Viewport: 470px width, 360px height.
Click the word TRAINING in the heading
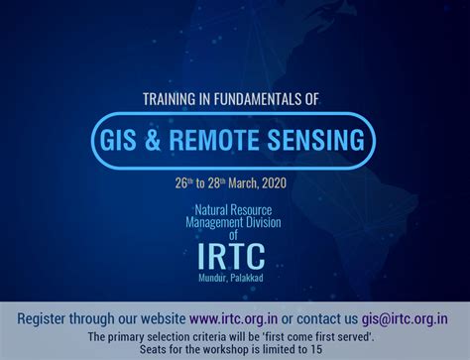[x=173, y=98]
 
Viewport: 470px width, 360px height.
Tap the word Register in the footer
[x=48, y=318]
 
